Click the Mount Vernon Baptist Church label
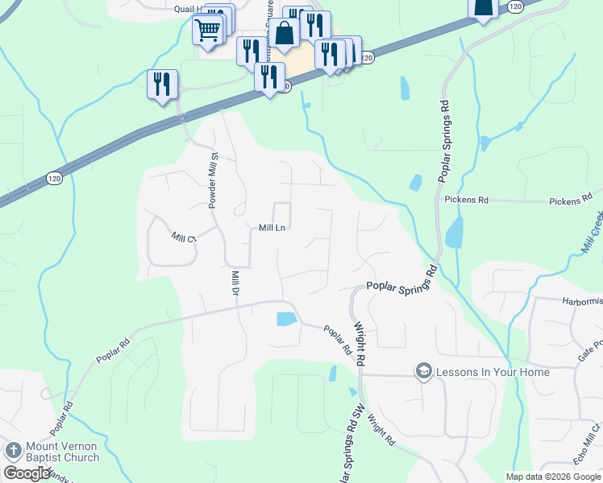63,452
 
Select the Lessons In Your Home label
493,372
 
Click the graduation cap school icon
423,371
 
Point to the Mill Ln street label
272,228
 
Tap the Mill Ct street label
184,237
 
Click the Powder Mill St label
214,181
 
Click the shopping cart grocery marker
207,31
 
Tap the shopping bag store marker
285,33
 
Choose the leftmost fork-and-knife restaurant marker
162,84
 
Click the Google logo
27,473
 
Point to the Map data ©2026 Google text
553,477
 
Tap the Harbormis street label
581,301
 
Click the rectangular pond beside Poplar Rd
286,319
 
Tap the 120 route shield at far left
54,178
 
